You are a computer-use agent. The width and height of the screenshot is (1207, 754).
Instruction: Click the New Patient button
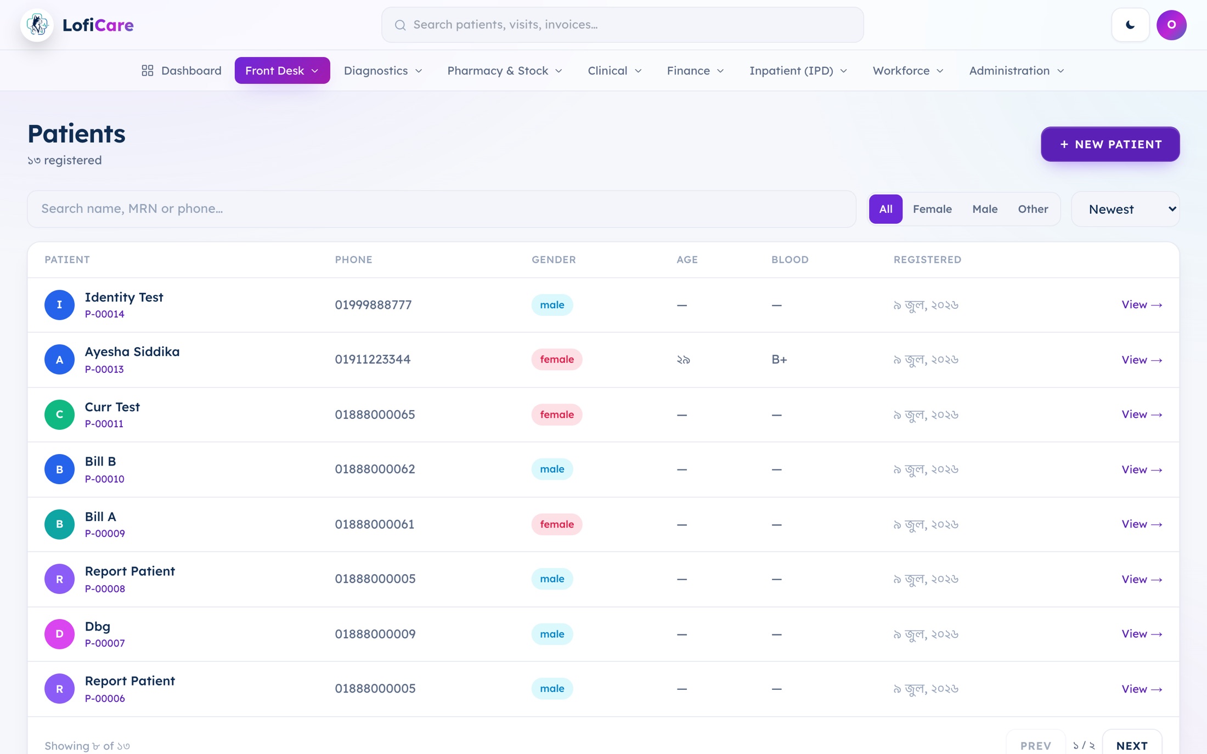point(1110,144)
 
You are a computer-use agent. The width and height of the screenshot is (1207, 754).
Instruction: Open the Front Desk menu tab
point(282,71)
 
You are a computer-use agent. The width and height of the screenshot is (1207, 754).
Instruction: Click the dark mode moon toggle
point(1130,25)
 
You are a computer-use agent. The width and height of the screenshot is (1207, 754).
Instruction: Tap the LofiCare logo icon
point(37,25)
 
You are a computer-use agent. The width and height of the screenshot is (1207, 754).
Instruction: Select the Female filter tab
point(932,209)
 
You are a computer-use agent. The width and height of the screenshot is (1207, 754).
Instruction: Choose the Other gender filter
point(1033,209)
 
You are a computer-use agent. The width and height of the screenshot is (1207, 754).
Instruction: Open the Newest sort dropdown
point(1125,209)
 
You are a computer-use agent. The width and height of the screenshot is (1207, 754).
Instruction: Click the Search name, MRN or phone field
point(442,209)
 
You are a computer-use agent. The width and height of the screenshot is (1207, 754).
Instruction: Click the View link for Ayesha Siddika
point(1142,360)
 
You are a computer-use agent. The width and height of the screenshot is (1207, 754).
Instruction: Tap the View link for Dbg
point(1142,634)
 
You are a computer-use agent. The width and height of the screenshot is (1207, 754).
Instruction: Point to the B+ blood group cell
point(779,360)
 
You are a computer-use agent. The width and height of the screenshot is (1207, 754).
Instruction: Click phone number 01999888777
point(373,305)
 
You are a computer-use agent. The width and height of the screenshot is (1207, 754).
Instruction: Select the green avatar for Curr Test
point(59,415)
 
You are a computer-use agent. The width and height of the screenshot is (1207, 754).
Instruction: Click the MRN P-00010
point(104,479)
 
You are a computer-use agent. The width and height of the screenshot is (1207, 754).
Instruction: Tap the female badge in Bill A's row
point(556,524)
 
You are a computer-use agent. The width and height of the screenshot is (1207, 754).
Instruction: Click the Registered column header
point(927,260)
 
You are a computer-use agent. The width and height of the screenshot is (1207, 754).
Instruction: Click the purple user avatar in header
point(1171,25)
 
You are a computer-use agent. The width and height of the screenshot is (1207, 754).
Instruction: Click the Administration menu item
point(1016,71)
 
